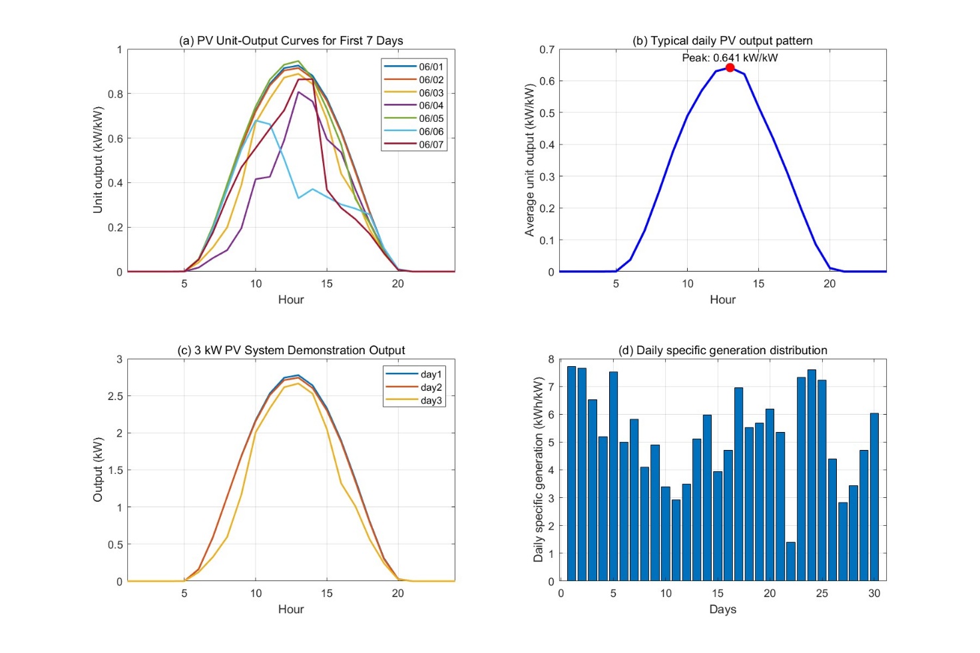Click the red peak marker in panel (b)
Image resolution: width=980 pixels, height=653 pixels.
pos(730,68)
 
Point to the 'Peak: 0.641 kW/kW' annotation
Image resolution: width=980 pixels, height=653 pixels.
pos(730,58)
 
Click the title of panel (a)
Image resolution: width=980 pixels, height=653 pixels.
pos(291,41)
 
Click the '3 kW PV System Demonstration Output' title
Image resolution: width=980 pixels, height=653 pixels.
pos(291,350)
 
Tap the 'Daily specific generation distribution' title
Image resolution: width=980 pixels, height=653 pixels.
pos(722,350)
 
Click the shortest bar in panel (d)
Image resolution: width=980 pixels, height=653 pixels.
pos(791,561)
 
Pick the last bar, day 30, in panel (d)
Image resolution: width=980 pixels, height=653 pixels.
pos(874,497)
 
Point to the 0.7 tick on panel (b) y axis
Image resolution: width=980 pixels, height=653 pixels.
pos(547,50)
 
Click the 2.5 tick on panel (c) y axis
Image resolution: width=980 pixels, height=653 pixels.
pos(115,396)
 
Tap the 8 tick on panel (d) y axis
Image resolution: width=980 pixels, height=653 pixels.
pos(551,359)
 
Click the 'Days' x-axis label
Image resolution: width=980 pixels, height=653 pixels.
pos(722,609)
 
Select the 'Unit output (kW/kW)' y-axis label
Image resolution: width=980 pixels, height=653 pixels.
pos(98,160)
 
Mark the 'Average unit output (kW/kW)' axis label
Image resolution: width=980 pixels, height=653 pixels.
pos(530,160)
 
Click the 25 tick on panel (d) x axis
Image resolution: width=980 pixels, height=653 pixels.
pos(822,594)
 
